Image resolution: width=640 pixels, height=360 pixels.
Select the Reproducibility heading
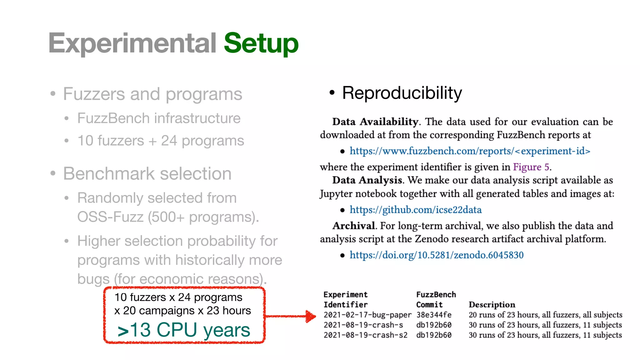402,93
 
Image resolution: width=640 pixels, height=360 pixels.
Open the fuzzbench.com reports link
470,151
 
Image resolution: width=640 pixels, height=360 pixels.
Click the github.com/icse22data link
415,210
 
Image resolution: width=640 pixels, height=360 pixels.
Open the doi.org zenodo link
436,255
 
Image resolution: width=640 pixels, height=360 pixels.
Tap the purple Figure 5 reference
531,167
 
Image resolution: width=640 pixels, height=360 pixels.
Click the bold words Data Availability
375,122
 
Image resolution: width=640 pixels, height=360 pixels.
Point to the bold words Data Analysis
367,180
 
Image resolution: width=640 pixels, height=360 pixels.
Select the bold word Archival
353,226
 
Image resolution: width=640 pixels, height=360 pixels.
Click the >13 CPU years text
184,330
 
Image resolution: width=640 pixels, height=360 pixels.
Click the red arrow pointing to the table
291,316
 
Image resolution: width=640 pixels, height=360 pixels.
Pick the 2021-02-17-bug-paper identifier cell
367,315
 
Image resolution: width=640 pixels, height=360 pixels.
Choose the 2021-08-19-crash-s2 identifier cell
365,335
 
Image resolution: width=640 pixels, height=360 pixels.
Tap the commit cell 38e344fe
434,315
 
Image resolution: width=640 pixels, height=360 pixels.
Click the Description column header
492,305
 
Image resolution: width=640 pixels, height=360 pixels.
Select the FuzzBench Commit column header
436,299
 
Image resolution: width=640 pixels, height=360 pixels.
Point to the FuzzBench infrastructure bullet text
159,118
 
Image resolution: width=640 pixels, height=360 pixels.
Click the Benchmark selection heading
147,174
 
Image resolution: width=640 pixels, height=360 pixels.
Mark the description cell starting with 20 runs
545,315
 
